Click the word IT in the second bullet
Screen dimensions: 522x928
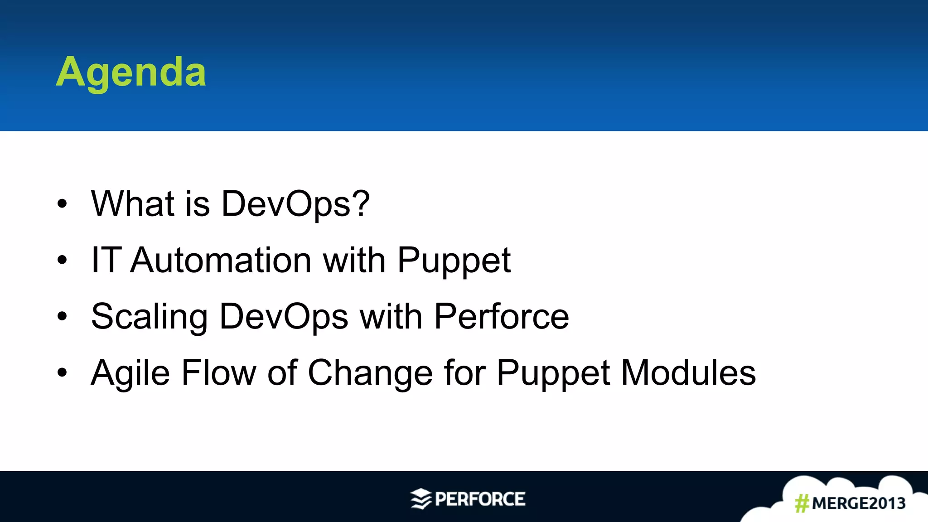106,260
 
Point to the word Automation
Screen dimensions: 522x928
220,260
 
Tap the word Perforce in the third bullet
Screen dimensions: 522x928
501,316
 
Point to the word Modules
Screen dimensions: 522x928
688,372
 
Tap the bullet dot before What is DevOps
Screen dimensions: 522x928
62,204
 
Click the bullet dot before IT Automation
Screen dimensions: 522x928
62,260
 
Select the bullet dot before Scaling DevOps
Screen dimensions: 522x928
62,316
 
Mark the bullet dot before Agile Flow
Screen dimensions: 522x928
62,372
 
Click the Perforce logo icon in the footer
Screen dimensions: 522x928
420,499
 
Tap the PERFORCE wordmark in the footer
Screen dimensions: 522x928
480,499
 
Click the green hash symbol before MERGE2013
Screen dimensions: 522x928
802,503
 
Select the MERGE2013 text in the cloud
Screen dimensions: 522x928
858,503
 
